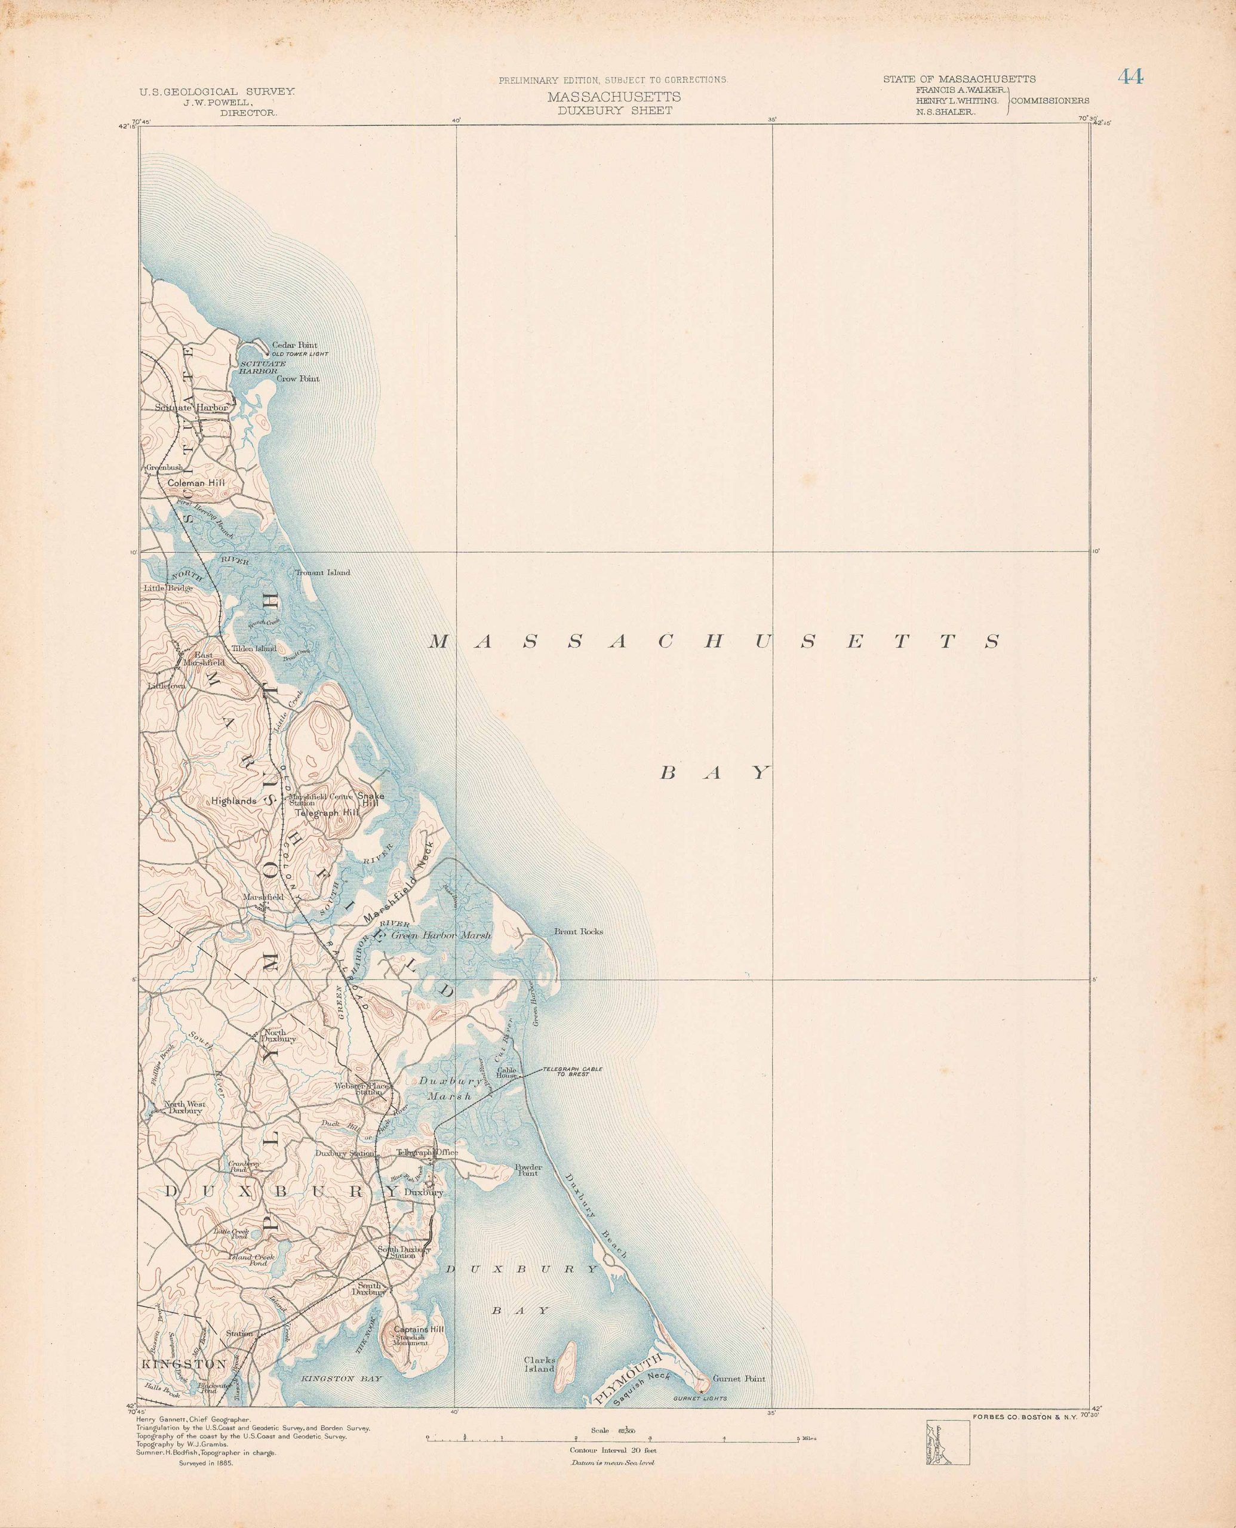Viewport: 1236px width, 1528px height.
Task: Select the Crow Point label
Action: [297, 378]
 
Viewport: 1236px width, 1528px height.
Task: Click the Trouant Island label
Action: [322, 573]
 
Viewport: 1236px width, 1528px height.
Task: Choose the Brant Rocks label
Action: [578, 932]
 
